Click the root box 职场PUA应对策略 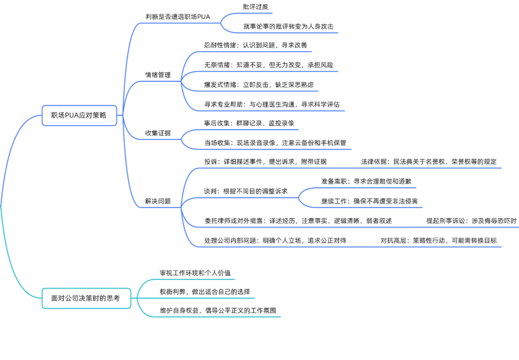[x=79, y=115]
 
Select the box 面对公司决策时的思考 [x=86, y=298]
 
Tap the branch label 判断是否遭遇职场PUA [x=178, y=17]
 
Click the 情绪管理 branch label [x=158, y=75]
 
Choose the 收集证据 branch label [x=158, y=133]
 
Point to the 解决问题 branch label [x=158, y=201]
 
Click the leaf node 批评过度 [x=255, y=7]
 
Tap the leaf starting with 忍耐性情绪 [x=256, y=46]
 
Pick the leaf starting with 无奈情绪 [x=268, y=65]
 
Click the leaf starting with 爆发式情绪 [x=259, y=84]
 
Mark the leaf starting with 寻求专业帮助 [x=272, y=104]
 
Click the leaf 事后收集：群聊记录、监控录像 [x=249, y=123]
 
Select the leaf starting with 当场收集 [x=275, y=143]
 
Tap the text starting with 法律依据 [x=429, y=162]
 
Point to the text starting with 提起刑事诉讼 [x=471, y=221]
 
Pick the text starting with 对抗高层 [x=438, y=240]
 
